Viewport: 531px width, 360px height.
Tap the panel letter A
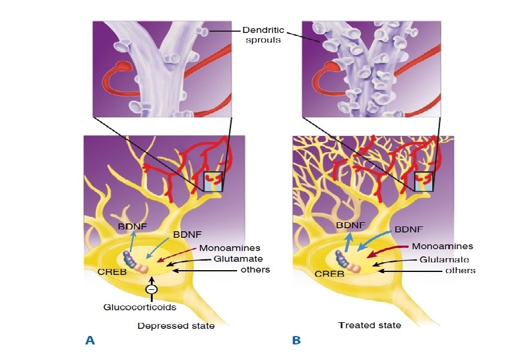pos(90,340)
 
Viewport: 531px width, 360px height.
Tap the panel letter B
pos(296,340)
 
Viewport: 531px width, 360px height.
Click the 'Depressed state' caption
pos(175,326)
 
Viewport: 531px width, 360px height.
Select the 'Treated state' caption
pos(369,325)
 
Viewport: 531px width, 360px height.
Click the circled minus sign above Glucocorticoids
pos(152,290)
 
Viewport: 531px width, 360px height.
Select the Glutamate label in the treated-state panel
pos(443,259)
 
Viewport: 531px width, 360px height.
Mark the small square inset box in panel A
pos(213,181)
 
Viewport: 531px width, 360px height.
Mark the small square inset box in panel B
pos(423,181)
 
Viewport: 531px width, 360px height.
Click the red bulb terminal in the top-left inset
pos(123,64)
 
